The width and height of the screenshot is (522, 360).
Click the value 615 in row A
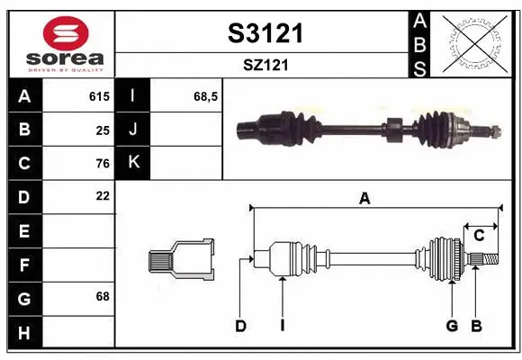pos(98,96)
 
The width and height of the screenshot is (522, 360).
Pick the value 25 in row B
pos(102,130)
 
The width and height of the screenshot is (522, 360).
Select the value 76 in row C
pos(102,163)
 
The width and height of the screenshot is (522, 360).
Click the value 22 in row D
pos(102,195)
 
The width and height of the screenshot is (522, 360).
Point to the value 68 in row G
pos(102,295)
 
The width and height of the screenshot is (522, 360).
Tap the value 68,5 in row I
pos(206,96)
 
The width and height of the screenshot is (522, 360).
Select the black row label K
pos(133,163)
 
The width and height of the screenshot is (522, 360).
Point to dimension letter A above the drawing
pos(364,199)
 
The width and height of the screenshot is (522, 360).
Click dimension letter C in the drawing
pos(479,235)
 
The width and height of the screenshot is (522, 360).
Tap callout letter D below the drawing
pos(240,326)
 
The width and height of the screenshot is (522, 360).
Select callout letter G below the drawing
pos(452,326)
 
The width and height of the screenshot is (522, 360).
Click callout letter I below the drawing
pos(282,326)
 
